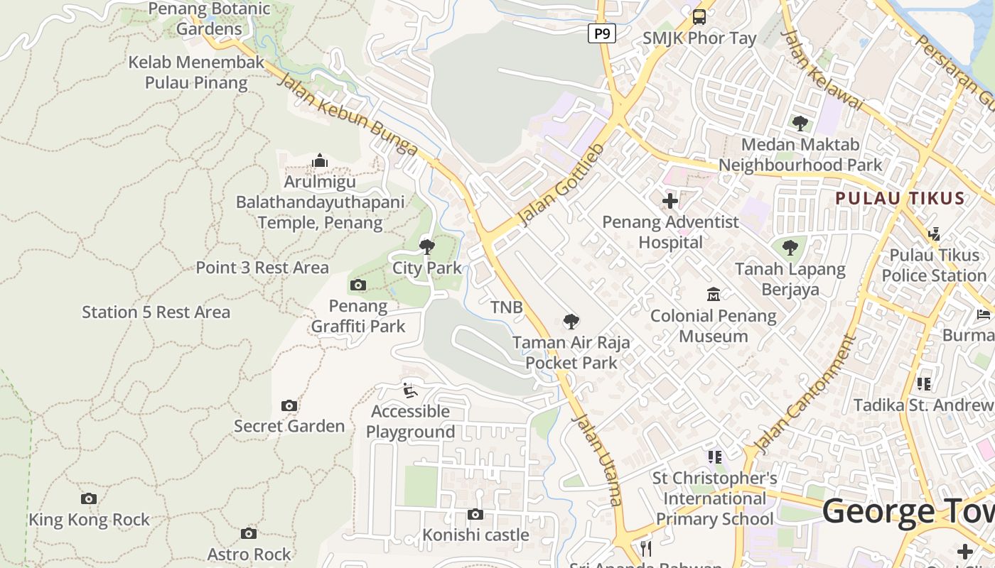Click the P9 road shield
tap(601, 33)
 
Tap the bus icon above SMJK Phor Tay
tap(699, 16)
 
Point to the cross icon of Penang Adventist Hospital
tap(670, 201)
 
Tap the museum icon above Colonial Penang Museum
tap(714, 294)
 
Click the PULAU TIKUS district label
tap(900, 198)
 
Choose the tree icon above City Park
tap(427, 247)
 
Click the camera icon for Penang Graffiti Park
tap(358, 285)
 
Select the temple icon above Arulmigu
tap(320, 161)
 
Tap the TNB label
tap(507, 307)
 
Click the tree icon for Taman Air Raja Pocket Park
tap(571, 322)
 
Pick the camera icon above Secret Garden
tap(289, 405)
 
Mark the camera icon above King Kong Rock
tap(89, 499)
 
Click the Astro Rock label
tap(249, 554)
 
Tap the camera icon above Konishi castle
tap(475, 514)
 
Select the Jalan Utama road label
tap(597, 458)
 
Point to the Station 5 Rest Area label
tap(156, 312)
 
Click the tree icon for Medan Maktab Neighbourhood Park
tap(800, 124)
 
